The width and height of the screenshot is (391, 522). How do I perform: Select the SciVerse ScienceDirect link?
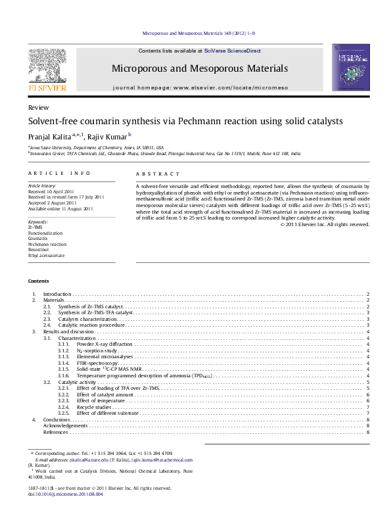pos(232,51)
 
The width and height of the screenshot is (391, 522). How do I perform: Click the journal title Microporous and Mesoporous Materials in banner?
pos(200,68)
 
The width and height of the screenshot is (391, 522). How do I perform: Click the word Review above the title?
pos(37,107)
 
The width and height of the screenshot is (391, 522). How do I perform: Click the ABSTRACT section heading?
pos(158,174)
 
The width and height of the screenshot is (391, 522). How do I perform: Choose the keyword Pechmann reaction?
pos(47,243)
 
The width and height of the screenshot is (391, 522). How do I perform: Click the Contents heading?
pos(39,281)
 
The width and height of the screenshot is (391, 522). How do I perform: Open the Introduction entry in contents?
pos(57,294)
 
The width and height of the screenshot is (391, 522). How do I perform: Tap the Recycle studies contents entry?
pos(94,406)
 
